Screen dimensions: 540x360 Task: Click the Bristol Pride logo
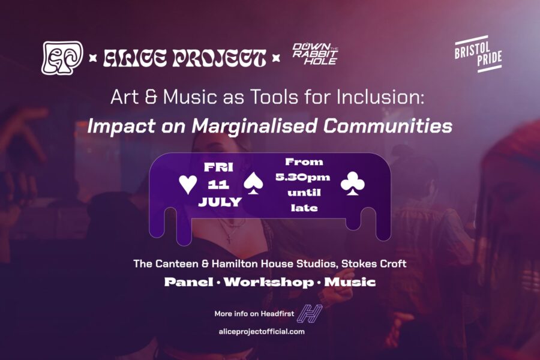(478, 54)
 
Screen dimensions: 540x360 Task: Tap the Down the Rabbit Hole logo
(315, 54)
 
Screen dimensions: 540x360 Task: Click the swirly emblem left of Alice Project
(62, 58)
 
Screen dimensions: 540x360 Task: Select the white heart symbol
(188, 184)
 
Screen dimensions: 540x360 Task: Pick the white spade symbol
(253, 184)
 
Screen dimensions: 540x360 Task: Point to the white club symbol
(353, 184)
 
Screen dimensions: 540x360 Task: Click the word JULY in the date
(220, 202)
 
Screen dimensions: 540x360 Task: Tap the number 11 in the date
(218, 185)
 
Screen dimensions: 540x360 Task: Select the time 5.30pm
(303, 178)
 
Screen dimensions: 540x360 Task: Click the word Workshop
(269, 282)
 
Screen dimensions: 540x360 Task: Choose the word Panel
(189, 282)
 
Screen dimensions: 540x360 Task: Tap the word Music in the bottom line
(350, 282)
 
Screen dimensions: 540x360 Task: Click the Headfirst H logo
(310, 313)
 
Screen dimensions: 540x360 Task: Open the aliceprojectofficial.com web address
(262, 332)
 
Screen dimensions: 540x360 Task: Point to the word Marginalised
(254, 126)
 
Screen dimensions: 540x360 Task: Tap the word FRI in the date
(218, 167)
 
